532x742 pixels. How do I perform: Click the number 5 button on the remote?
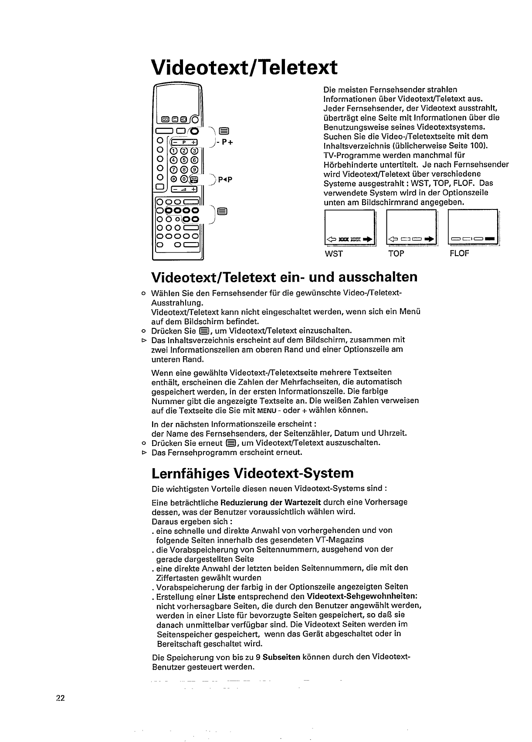tap(183, 160)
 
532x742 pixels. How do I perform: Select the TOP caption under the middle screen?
tap(396, 253)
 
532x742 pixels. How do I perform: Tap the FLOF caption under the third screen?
tap(459, 253)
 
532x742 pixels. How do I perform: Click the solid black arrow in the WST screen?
tap(370, 239)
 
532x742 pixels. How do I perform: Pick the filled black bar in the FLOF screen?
tap(490, 238)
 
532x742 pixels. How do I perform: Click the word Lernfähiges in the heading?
tap(190, 473)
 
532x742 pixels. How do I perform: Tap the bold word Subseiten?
tap(281, 657)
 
